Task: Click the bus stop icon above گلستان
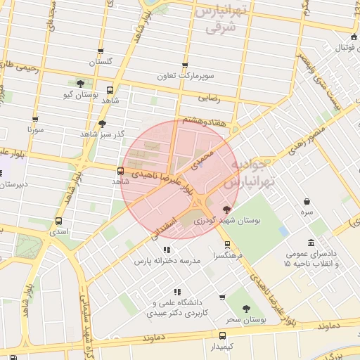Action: tap(101, 51)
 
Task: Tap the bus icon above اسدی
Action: tap(58, 221)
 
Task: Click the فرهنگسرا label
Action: tap(227, 257)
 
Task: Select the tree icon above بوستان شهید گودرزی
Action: tap(226, 210)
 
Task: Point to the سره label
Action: tap(307, 212)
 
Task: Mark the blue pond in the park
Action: tap(283, 231)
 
